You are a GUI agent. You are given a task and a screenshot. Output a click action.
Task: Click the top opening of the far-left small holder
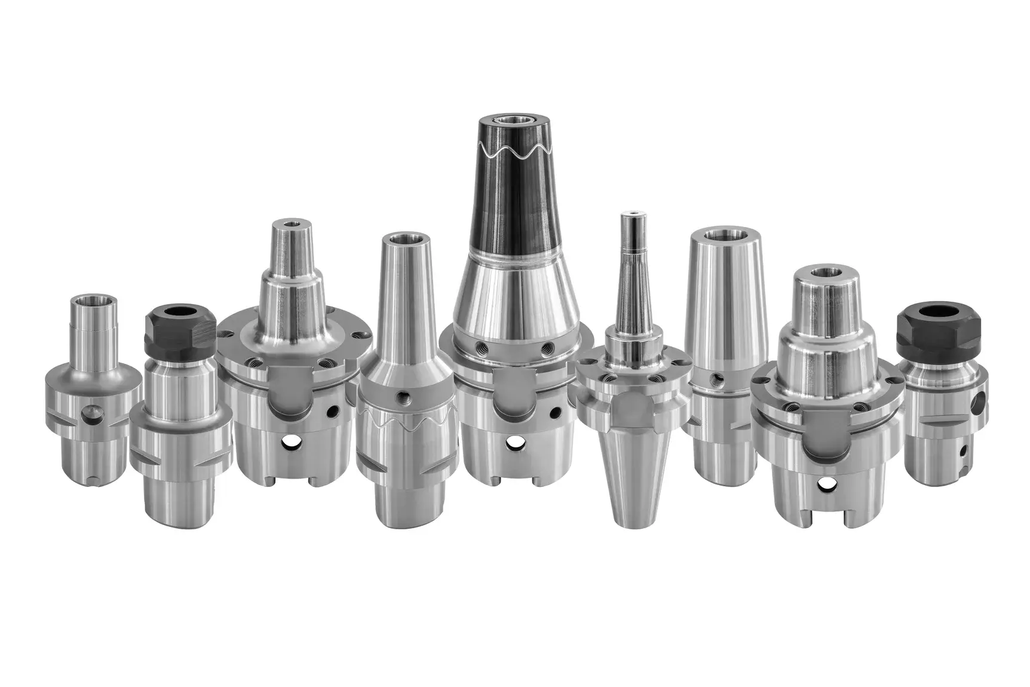pos(93,298)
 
